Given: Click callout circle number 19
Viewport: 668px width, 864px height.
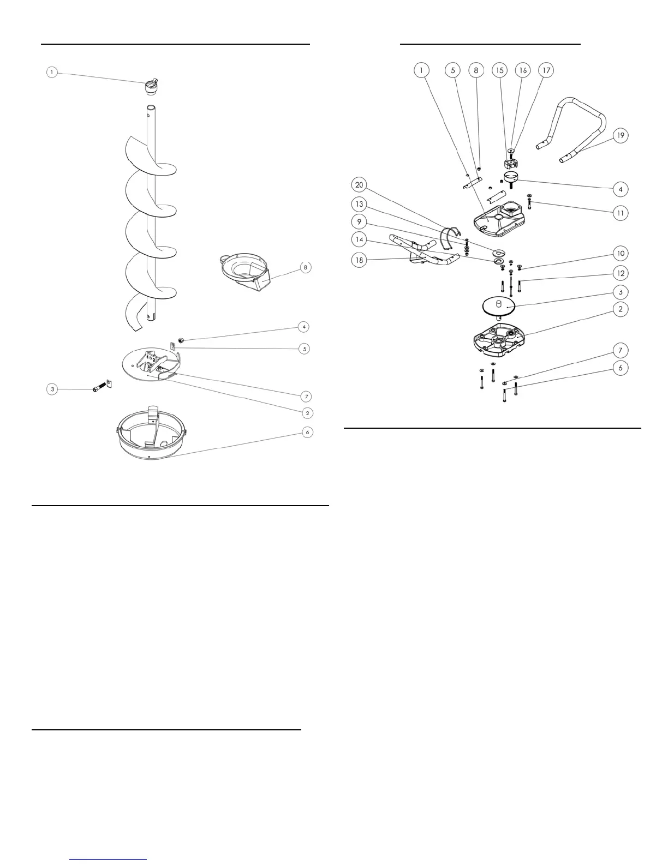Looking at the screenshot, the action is coord(620,135).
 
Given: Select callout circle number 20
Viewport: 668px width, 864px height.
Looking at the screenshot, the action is coord(359,185).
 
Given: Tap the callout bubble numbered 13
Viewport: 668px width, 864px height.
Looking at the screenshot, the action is coord(359,203).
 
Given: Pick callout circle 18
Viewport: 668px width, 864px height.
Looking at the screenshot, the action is coord(359,260).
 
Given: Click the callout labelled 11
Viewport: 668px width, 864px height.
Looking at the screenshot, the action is coord(620,212).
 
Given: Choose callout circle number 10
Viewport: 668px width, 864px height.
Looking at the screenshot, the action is coord(620,253).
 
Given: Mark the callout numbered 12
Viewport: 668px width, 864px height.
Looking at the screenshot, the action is coord(620,273).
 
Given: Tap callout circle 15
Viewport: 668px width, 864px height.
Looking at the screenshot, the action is coord(499,70).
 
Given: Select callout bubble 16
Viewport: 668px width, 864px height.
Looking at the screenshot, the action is coord(522,70).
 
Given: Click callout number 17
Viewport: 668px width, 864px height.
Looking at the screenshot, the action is coord(546,70).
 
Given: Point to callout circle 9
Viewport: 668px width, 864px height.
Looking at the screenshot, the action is coord(359,222).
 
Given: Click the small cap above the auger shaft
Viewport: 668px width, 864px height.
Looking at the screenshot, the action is coord(151,86).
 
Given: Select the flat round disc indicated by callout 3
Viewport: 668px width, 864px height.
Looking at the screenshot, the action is coord(499,305).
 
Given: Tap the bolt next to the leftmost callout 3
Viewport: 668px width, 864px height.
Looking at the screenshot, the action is coord(97,388).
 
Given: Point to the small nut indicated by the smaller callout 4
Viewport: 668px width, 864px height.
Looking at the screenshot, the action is coord(181,341).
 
